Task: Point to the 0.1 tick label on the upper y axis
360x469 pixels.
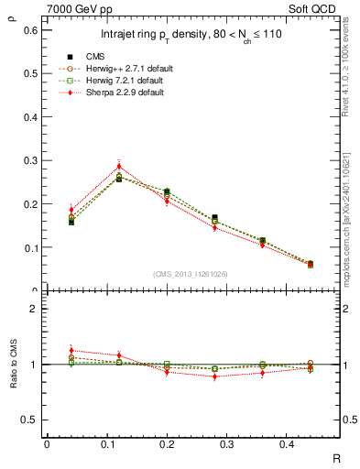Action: (x=30, y=247)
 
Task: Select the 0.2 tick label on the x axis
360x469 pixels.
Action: (x=167, y=444)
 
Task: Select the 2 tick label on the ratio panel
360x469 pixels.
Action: (x=34, y=310)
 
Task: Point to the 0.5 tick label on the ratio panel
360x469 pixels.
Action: (x=30, y=420)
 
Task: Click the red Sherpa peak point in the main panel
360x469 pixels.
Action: (x=119, y=166)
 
